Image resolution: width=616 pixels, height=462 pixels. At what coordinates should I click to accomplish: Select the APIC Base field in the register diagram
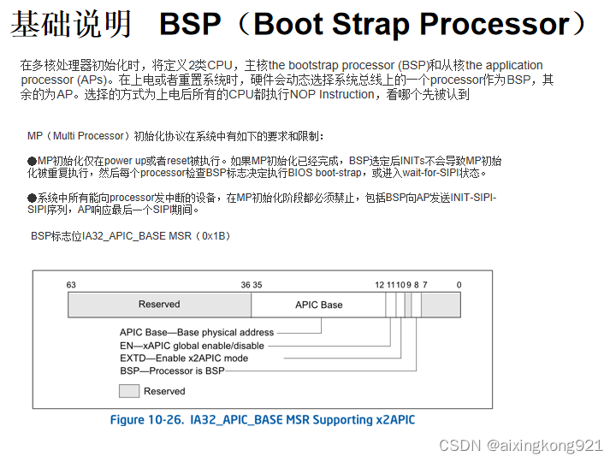[x=318, y=305]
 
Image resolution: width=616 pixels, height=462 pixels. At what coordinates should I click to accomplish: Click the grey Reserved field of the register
[x=159, y=305]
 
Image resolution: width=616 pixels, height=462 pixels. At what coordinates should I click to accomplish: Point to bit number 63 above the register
[x=72, y=285]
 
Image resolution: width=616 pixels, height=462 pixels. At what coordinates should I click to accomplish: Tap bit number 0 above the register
[x=459, y=285]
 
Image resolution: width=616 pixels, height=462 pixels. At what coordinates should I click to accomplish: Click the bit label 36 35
[x=252, y=285]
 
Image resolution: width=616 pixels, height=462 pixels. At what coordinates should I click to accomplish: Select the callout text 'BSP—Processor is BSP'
[x=172, y=370]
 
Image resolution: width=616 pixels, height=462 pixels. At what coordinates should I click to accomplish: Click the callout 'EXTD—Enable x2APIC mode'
[x=184, y=358]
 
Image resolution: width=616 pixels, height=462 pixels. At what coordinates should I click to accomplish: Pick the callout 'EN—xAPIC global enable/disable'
[x=192, y=345]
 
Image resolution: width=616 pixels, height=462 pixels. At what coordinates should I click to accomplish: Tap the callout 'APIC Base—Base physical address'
[x=197, y=332]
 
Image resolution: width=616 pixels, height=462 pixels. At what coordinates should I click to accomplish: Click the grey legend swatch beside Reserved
[x=129, y=391]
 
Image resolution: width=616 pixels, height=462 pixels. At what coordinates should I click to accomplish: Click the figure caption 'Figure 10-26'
[x=148, y=420]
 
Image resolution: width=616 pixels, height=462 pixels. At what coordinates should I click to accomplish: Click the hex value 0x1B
[x=215, y=235]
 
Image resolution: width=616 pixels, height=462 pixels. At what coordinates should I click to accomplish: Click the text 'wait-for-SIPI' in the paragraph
[x=427, y=173]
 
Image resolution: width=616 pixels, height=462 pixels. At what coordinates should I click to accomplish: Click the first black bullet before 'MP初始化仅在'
[x=32, y=161]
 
